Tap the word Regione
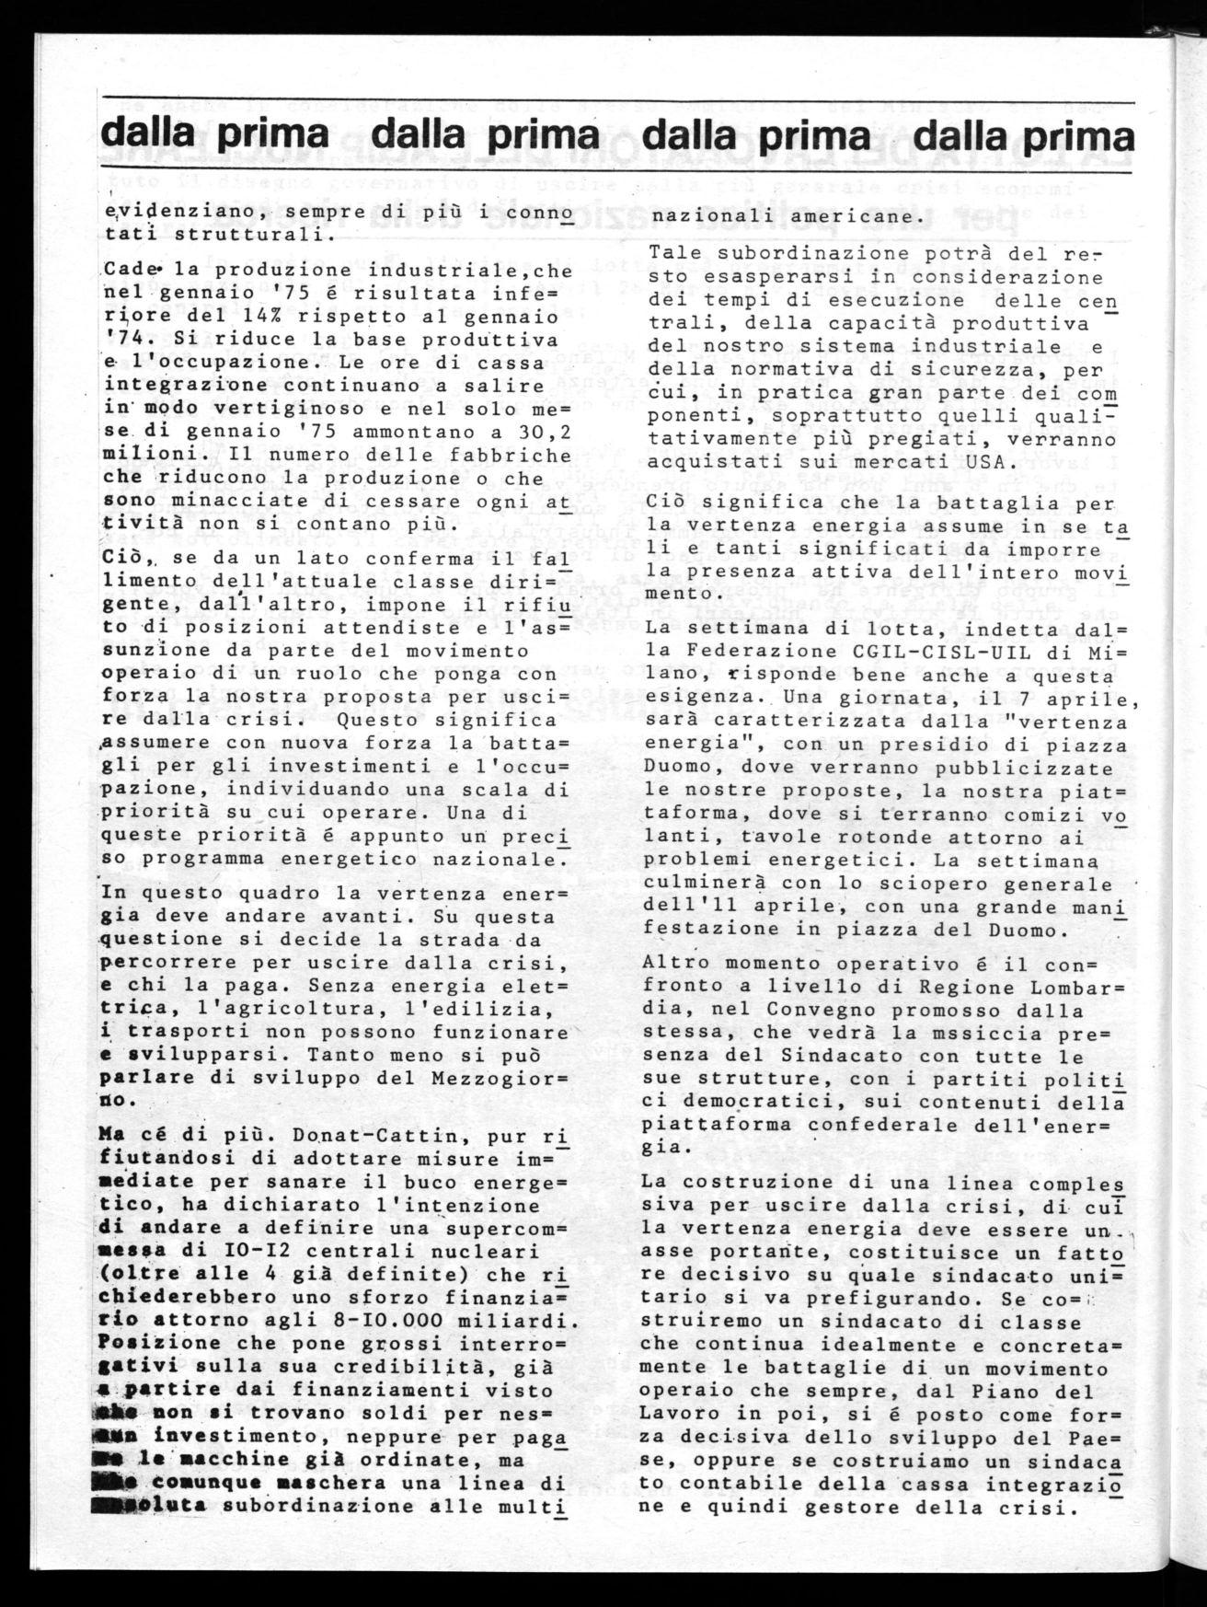coord(948,987)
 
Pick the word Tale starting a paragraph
coord(671,253)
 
